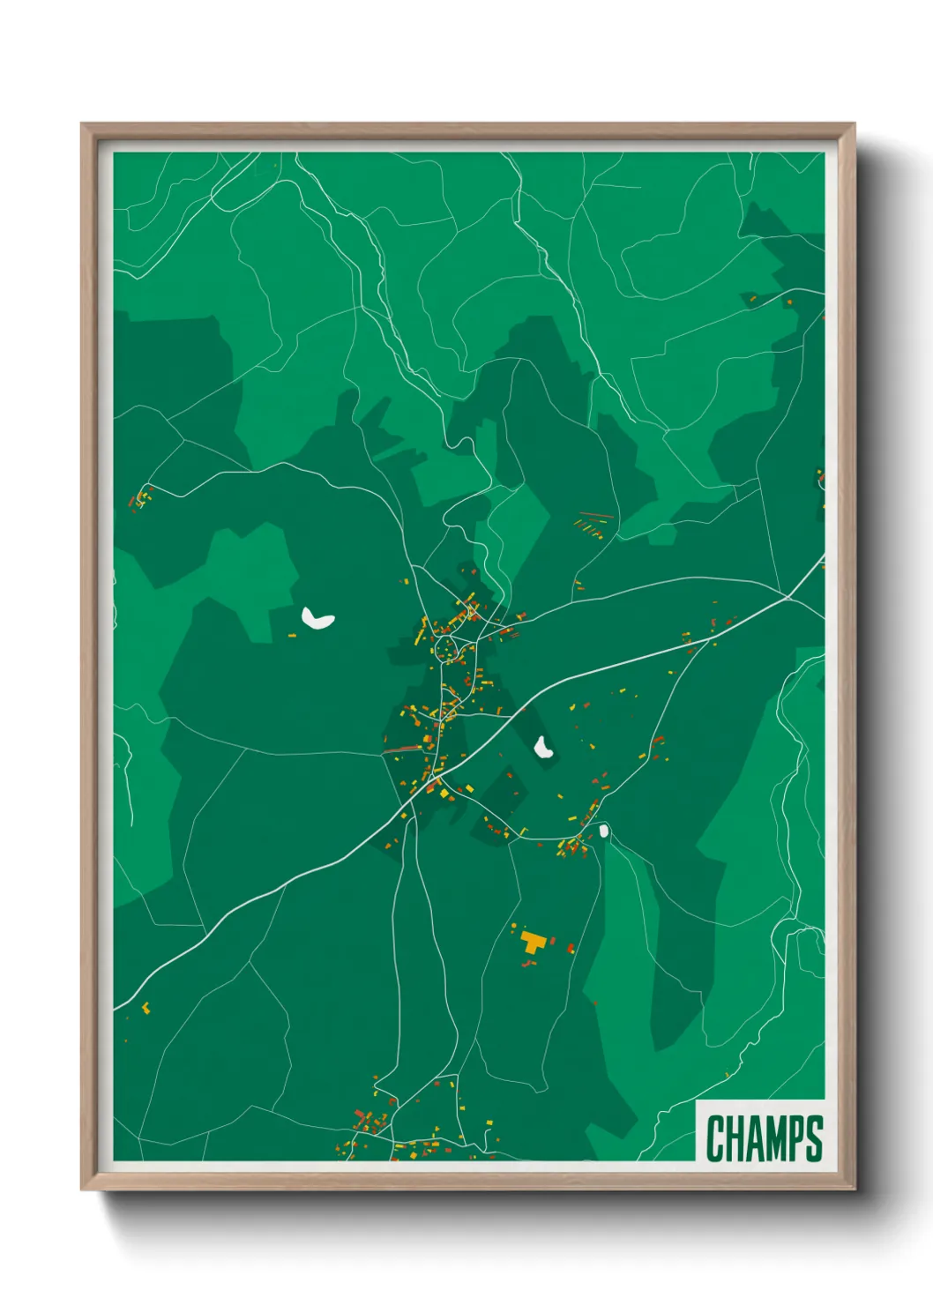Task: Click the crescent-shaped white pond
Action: [x=317, y=619]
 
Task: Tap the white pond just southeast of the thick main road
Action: [x=543, y=749]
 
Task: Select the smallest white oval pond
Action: [x=604, y=831]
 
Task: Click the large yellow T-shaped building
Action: [x=532, y=942]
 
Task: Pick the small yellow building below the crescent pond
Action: [x=294, y=635]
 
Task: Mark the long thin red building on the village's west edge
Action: [x=402, y=749]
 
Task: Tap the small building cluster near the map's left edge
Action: [x=141, y=498]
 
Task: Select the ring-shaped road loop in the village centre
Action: [x=447, y=650]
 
